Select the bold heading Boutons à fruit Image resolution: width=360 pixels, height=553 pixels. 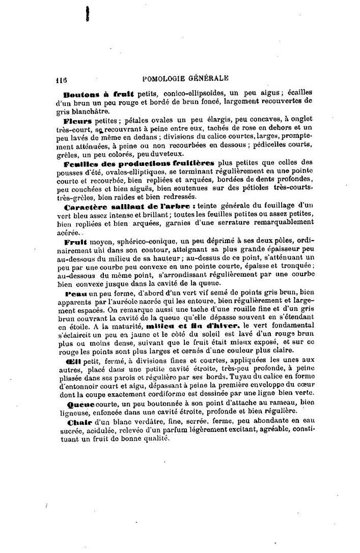98,94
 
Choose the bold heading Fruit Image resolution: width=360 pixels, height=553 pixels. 76,242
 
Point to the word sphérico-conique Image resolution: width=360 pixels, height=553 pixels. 148,243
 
